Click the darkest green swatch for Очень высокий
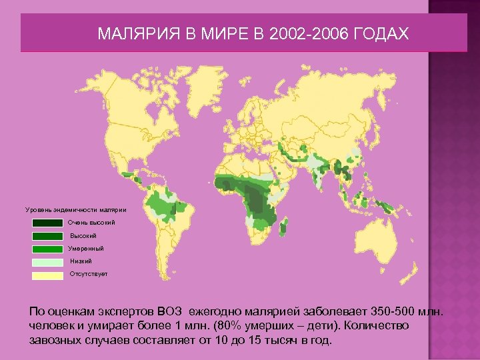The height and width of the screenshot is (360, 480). point(47,223)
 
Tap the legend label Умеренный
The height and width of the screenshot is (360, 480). point(87,249)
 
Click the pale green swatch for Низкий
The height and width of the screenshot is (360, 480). point(47,262)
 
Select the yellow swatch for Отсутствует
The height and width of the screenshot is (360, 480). point(47,275)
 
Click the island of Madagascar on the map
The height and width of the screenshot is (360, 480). point(285,229)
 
